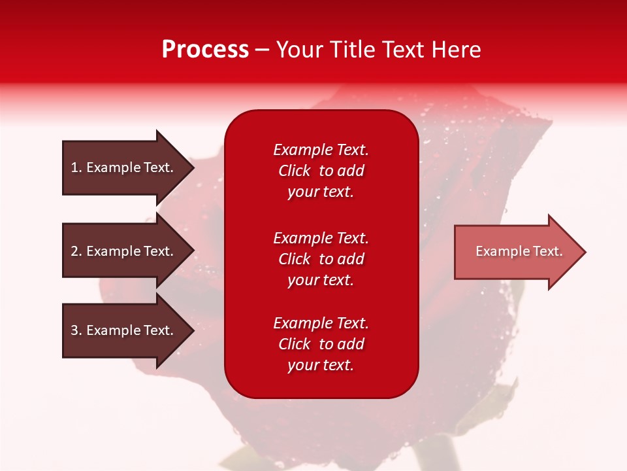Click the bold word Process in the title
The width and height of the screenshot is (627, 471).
(x=205, y=50)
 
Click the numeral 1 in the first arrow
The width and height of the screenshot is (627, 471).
(x=74, y=167)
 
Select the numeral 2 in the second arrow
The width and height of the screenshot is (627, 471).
(x=74, y=251)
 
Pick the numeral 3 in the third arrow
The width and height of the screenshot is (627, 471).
(x=74, y=330)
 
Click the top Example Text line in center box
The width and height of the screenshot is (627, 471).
(x=321, y=150)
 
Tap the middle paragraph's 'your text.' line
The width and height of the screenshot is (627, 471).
(x=321, y=280)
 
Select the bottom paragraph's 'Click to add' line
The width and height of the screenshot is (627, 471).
(x=321, y=344)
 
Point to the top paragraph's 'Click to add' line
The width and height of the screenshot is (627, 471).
(x=321, y=171)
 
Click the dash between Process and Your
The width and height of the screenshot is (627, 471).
(x=263, y=50)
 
